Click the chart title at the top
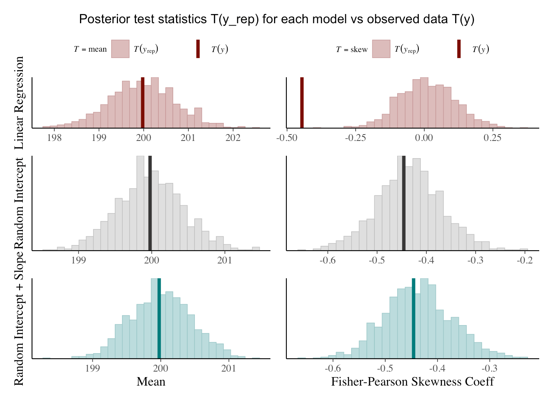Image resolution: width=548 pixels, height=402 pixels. click(x=276, y=19)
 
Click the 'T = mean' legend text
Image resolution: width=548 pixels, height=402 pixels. click(x=90, y=49)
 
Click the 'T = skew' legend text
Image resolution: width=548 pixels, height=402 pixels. click(x=352, y=50)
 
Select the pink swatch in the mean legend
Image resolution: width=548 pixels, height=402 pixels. click(x=120, y=49)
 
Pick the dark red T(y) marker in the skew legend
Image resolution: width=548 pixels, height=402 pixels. click(x=459, y=49)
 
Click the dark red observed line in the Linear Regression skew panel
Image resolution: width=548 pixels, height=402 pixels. click(x=302, y=103)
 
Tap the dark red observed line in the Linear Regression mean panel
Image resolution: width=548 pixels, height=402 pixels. click(x=143, y=103)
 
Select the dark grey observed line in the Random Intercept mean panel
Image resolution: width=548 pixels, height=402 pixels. click(x=150, y=203)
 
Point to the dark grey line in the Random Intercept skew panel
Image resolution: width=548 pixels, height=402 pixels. click(x=404, y=203)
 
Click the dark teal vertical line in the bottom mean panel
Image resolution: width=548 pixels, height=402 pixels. click(x=159, y=318)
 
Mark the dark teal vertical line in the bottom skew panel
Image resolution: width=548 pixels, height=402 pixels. click(x=414, y=318)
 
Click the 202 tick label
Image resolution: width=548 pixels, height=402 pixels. click(x=233, y=138)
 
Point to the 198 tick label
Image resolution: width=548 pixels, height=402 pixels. click(x=54, y=138)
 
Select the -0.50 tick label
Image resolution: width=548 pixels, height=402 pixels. click(x=287, y=138)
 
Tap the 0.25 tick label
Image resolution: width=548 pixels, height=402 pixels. click(x=492, y=138)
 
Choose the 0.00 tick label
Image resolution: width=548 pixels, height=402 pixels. click(x=424, y=138)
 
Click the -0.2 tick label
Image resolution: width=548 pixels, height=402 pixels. click(x=524, y=261)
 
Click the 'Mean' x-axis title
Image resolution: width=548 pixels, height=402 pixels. click(x=151, y=382)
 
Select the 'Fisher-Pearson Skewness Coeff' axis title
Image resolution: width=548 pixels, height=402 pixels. click(x=412, y=382)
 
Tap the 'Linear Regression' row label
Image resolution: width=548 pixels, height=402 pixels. click(x=19, y=103)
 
